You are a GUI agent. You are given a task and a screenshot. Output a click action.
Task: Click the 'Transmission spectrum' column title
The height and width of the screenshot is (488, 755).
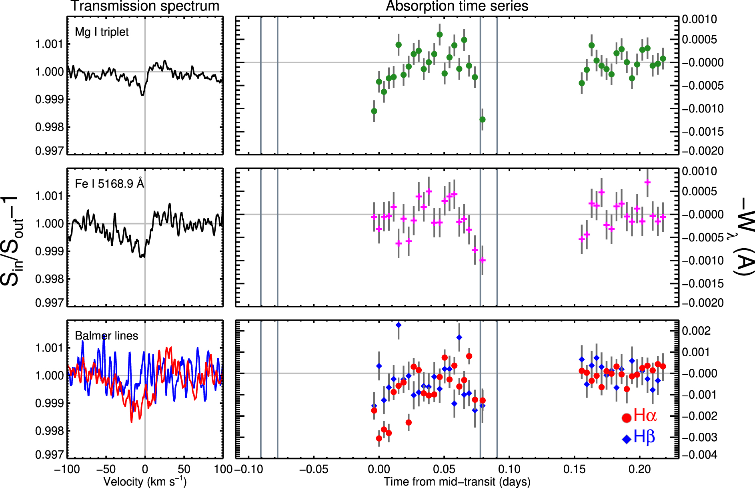click(145, 6)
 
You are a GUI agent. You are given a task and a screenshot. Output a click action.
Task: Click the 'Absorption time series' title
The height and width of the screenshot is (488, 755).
click(457, 6)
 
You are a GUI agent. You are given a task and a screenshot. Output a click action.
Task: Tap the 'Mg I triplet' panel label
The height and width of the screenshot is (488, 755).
click(102, 32)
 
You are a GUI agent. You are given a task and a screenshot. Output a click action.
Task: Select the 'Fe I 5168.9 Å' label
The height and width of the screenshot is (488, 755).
click(109, 184)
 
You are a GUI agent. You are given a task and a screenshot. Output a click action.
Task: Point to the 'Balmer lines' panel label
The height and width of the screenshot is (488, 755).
click(106, 335)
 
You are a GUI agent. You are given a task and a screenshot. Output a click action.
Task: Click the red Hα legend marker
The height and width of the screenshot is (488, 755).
click(627, 418)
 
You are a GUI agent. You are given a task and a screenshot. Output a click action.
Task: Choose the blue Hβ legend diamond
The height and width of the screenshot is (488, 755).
click(627, 439)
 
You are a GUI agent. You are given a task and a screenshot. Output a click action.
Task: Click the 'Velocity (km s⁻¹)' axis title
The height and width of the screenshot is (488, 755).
click(145, 481)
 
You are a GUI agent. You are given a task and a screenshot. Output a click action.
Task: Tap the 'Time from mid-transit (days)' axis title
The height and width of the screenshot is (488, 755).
click(457, 481)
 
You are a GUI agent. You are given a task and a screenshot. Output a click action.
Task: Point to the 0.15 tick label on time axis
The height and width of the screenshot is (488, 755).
click(575, 469)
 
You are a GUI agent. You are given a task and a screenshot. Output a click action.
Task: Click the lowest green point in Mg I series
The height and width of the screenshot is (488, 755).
click(483, 119)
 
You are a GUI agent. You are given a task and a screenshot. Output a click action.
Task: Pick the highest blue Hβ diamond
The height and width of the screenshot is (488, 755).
click(399, 325)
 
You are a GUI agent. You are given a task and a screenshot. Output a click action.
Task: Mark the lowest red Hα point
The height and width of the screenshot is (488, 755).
click(379, 438)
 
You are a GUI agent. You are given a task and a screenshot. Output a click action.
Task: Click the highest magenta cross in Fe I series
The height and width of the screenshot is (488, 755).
click(647, 183)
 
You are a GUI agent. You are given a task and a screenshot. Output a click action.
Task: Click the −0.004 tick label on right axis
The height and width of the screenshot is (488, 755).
click(700, 455)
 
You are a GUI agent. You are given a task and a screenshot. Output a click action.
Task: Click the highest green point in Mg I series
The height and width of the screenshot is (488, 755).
click(440, 34)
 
